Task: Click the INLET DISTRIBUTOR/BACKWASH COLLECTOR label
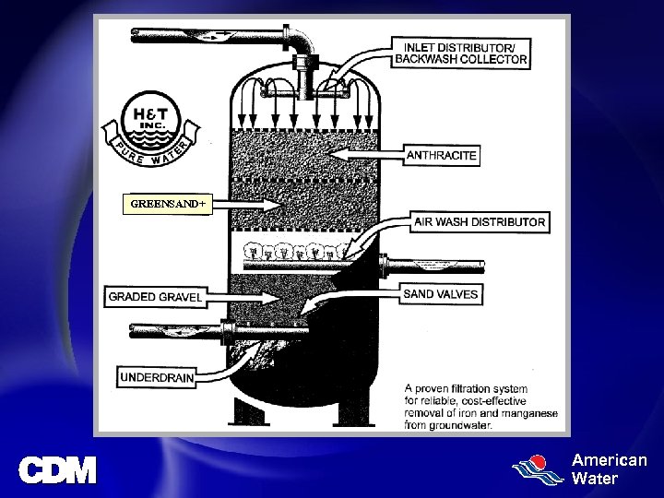[461, 53]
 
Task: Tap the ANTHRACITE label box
[442, 155]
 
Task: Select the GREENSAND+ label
[167, 203]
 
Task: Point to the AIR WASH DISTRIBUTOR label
[480, 221]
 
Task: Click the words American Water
[609, 468]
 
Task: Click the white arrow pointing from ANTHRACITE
[365, 153]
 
